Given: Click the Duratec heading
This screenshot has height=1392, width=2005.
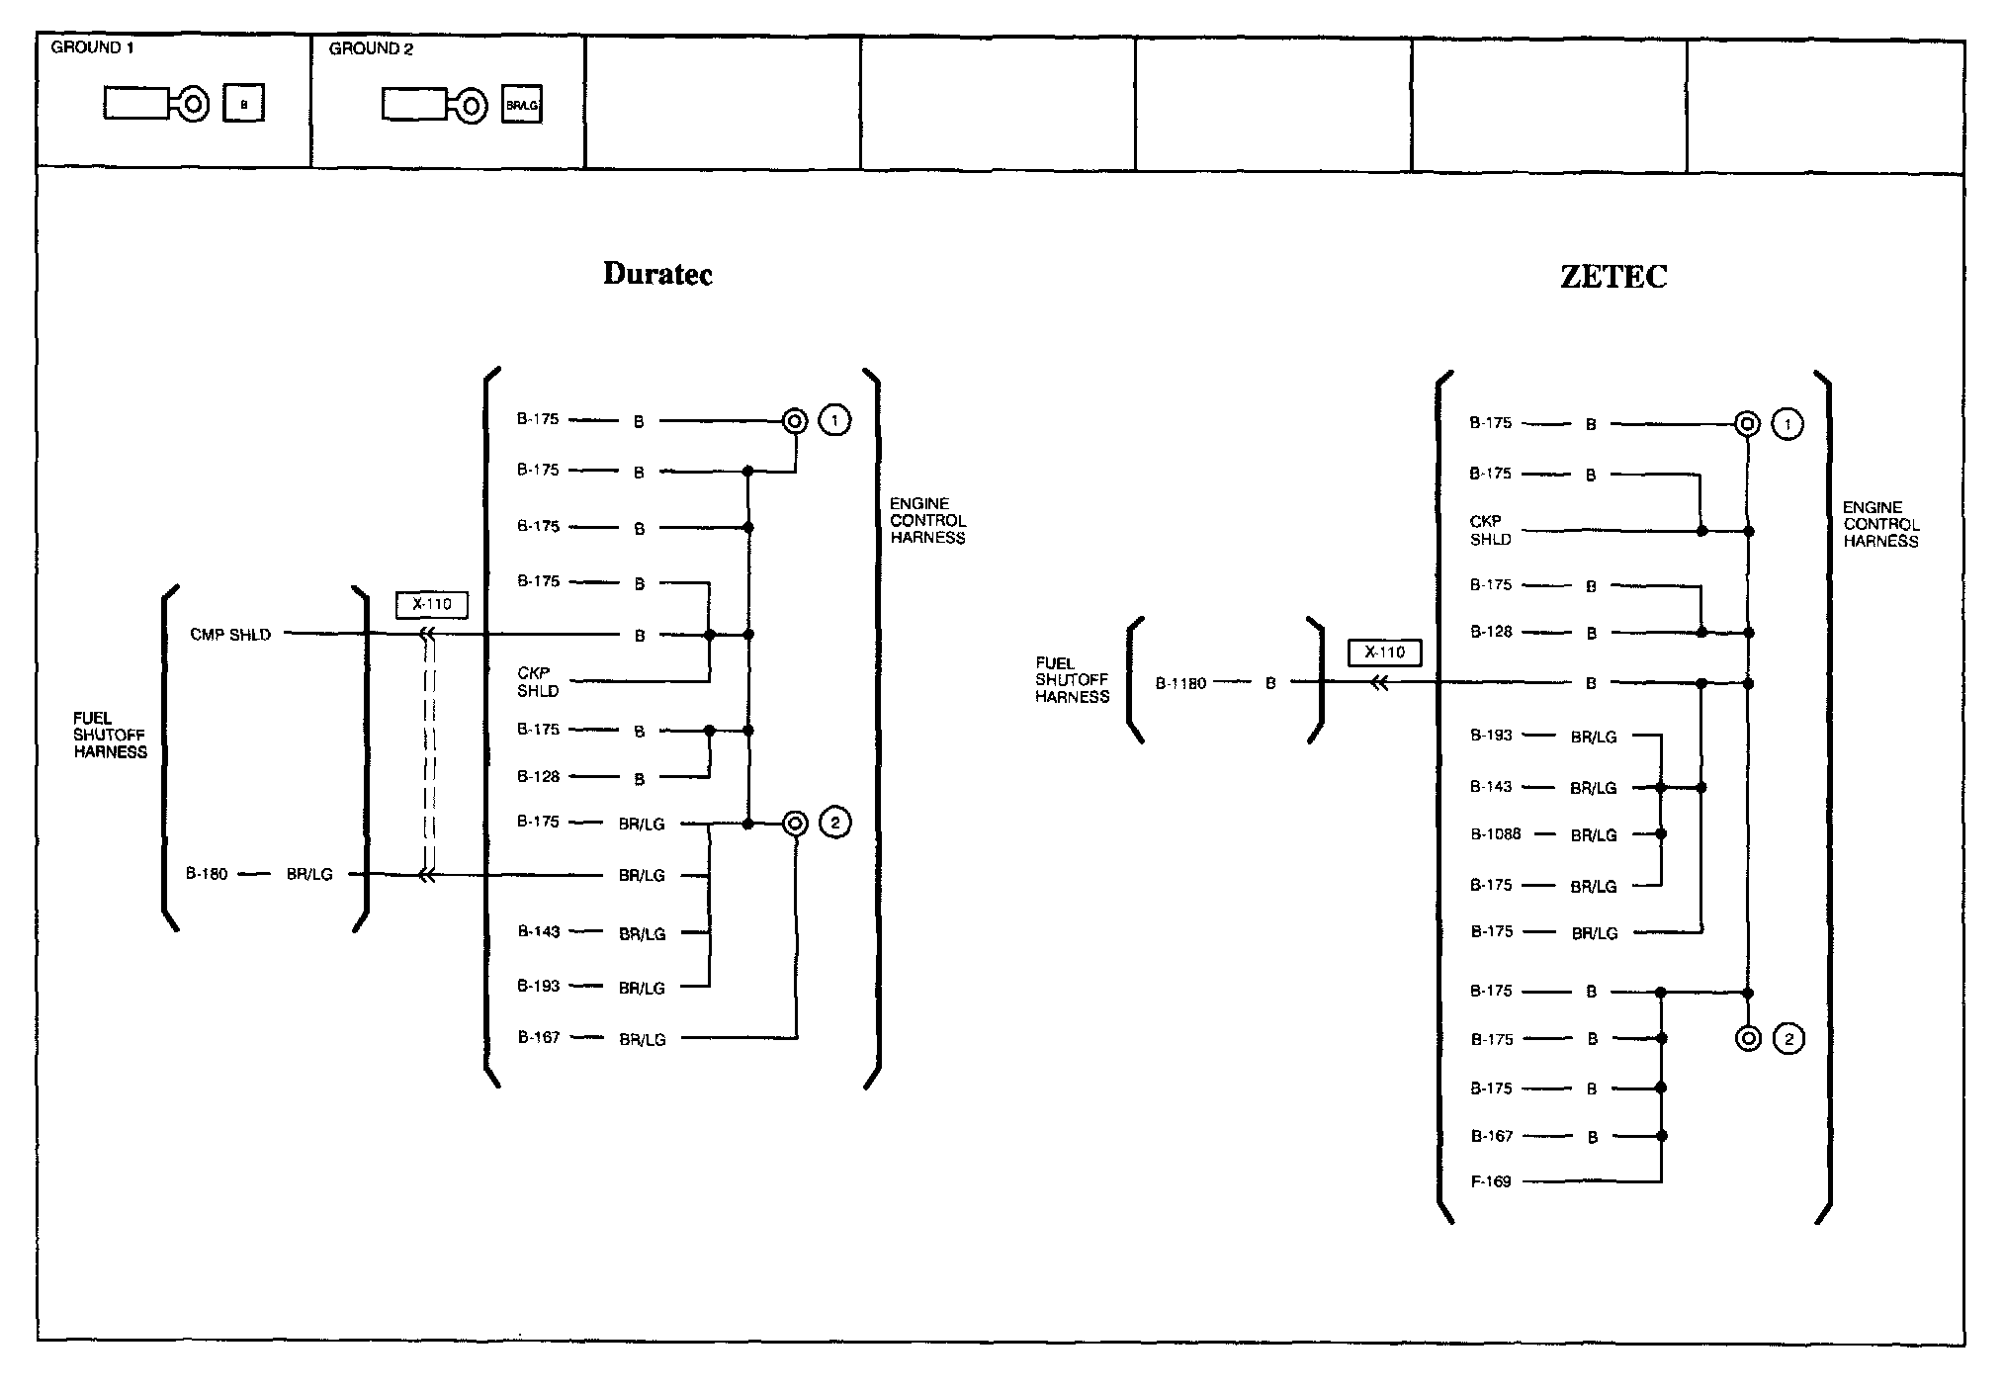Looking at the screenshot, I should tap(657, 274).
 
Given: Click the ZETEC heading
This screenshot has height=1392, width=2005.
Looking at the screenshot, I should tap(1613, 277).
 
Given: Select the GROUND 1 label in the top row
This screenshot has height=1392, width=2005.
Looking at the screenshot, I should tap(92, 47).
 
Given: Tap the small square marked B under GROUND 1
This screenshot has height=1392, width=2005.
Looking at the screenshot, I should tap(244, 104).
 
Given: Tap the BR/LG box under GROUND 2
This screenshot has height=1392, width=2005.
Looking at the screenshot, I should tap(522, 105).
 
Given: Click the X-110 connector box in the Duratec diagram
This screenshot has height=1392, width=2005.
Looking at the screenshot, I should tap(432, 604).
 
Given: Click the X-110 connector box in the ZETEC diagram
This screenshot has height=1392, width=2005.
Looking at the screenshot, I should tap(1384, 652).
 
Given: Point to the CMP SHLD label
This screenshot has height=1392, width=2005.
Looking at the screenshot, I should tap(230, 635).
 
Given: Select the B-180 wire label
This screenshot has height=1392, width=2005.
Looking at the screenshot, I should tap(208, 874).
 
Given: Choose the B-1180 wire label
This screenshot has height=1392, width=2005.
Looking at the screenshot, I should tap(1180, 683).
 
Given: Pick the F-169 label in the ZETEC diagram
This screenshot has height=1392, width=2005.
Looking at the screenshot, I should tap(1491, 1181).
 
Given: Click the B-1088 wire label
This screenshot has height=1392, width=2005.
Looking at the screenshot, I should tap(1495, 834).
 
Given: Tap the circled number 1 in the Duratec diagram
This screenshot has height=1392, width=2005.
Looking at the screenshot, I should tap(835, 421).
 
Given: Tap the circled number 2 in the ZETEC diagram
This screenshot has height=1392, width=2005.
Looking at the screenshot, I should tap(1788, 1039).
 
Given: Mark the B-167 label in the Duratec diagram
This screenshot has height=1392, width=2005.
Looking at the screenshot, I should tap(539, 1038).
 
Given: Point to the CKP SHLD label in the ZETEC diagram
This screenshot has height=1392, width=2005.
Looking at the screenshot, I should tap(1489, 530).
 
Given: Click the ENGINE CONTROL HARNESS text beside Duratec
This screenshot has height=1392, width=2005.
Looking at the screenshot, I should tap(927, 521).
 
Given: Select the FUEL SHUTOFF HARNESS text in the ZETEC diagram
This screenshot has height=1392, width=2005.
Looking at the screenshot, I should tap(1073, 680).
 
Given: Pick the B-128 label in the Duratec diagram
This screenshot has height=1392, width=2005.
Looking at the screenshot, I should tap(539, 777).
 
